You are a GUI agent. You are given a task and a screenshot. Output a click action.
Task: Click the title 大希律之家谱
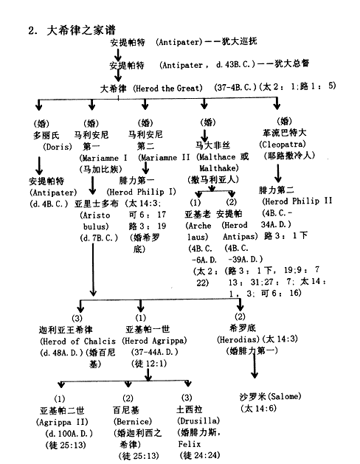pyautogui.click(x=81, y=30)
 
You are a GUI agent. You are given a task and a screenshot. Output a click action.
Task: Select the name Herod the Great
pyautogui.click(x=167, y=89)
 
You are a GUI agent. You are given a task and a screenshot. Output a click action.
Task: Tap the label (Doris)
pyautogui.click(x=58, y=147)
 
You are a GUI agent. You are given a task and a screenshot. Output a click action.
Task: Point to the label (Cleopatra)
pyautogui.click(x=283, y=144)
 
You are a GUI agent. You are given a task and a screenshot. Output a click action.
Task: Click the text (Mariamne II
pyautogui.click(x=164, y=157)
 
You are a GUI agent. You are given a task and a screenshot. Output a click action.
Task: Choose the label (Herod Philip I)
pyautogui.click(x=141, y=192)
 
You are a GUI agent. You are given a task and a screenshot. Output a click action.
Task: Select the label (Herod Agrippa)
pyautogui.click(x=154, y=341)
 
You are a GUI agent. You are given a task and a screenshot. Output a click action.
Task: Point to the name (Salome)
pyautogui.click(x=285, y=396)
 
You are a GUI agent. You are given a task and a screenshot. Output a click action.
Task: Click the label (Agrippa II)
pyautogui.click(x=62, y=422)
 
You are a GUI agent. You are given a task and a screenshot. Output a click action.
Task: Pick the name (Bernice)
pyautogui.click(x=133, y=421)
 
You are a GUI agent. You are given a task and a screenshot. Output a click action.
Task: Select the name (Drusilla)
pyautogui.click(x=198, y=420)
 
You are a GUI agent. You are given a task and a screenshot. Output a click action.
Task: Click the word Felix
pyautogui.click(x=190, y=444)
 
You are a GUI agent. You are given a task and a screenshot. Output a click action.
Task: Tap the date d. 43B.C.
pyautogui.click(x=233, y=64)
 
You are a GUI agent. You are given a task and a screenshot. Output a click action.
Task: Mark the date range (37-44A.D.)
pyautogui.click(x=155, y=352)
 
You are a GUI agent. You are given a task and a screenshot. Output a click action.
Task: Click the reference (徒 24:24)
pyautogui.click(x=200, y=455)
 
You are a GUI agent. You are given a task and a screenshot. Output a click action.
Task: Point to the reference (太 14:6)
pyautogui.click(x=258, y=409)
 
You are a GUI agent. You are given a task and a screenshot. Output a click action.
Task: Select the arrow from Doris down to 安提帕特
pyautogui.click(x=39, y=166)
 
